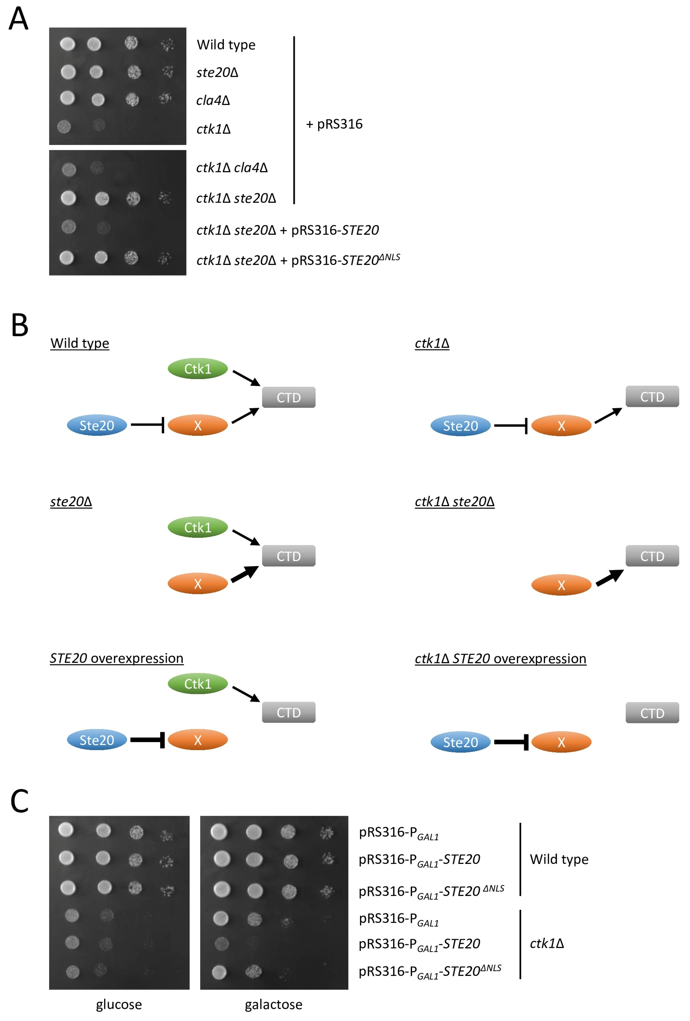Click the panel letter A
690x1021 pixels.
[x=19, y=19]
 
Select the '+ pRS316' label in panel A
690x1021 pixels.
[x=334, y=124]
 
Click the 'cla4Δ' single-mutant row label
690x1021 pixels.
[x=213, y=101]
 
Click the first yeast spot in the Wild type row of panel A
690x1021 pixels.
[x=67, y=44]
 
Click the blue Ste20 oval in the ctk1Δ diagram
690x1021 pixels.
[x=460, y=426]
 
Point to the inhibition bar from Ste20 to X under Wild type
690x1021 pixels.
[x=148, y=425]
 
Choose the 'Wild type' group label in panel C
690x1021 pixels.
[x=558, y=859]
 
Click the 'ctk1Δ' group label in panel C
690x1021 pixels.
[x=547, y=943]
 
